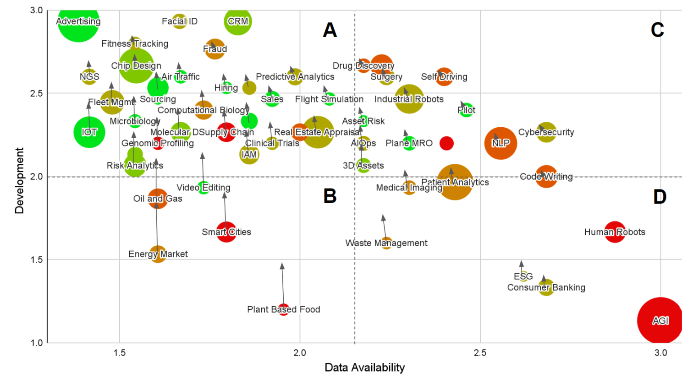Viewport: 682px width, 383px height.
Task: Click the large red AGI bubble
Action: (x=660, y=320)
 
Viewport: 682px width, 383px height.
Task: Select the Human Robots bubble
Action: (x=615, y=232)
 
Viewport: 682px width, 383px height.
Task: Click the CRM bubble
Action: (x=238, y=22)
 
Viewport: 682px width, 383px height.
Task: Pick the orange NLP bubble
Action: (x=500, y=143)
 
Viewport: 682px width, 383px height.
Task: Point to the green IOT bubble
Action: (x=89, y=132)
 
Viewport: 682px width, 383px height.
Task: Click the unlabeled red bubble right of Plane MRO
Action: (x=446, y=143)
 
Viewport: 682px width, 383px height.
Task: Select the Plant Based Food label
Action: (x=283, y=310)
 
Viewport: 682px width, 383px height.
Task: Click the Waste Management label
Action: (x=386, y=243)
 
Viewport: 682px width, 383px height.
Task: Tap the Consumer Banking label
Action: (x=546, y=288)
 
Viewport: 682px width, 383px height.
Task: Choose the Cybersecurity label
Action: (x=546, y=132)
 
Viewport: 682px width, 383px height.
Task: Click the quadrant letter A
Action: (x=330, y=30)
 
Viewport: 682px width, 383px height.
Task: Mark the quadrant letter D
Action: (x=660, y=197)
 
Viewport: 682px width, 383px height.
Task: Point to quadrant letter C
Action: (x=657, y=30)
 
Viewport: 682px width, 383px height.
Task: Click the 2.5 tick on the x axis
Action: (x=480, y=353)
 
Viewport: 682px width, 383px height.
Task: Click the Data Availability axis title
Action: (x=364, y=367)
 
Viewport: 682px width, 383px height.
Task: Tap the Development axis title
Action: (x=19, y=180)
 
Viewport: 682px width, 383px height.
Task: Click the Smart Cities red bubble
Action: (x=226, y=232)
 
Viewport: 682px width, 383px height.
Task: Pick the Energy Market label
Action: (x=158, y=254)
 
